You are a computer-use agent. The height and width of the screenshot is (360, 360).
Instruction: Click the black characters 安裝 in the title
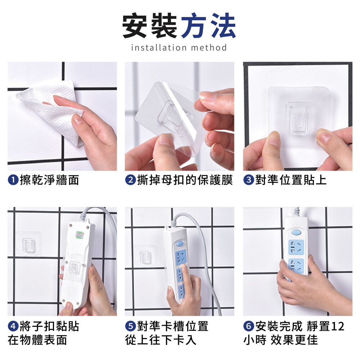tap(150, 26)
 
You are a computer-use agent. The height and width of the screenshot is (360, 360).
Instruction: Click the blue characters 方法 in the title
tap(208, 26)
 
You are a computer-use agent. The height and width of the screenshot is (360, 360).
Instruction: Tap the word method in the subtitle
tap(209, 48)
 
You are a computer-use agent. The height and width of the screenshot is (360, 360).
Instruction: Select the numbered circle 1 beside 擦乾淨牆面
tap(13, 180)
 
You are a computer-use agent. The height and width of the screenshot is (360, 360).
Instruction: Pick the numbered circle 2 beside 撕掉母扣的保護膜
tap(130, 180)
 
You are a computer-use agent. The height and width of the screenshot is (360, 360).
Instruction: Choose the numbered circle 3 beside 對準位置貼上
tap(249, 180)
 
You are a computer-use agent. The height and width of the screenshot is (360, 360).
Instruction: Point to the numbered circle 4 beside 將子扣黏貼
tap(13, 326)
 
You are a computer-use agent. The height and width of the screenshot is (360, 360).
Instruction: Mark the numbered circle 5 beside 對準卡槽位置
tap(130, 326)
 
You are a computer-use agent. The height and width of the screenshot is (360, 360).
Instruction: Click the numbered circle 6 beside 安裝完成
tap(249, 326)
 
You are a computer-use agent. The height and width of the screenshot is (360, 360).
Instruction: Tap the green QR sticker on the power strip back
tap(80, 235)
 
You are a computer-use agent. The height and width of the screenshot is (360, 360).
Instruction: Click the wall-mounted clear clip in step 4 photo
tap(28, 245)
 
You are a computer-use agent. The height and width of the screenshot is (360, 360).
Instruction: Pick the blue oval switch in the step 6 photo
tap(296, 233)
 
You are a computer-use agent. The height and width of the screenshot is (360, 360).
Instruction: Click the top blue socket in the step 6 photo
tap(296, 247)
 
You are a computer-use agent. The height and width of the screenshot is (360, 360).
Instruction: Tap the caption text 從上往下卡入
tap(161, 340)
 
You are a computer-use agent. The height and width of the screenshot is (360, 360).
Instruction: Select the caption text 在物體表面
tap(37, 340)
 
